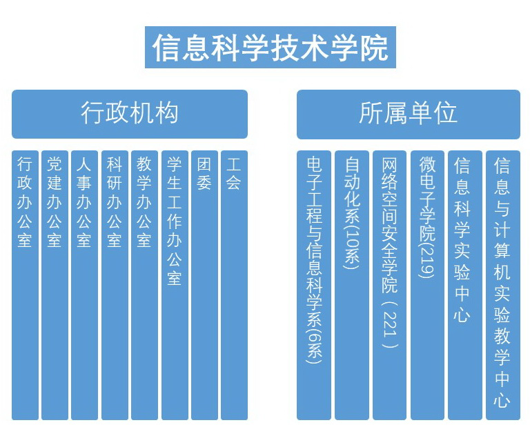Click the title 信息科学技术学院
[x=270, y=48]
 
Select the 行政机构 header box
[x=129, y=114]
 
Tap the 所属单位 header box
[x=408, y=114]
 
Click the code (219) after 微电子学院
[x=427, y=259]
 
